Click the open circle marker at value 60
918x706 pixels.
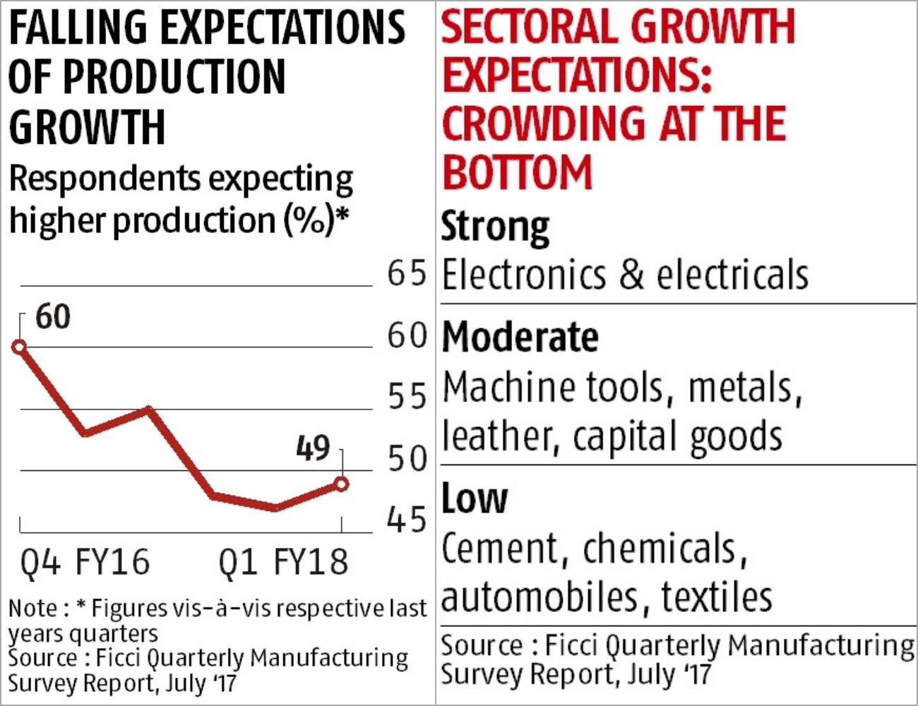[20, 347]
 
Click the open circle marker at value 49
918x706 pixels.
[342, 484]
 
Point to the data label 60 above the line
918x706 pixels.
[53, 317]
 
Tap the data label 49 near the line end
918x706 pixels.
[313, 448]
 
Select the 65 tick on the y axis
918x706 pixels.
[407, 274]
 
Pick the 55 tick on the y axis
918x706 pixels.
[407, 397]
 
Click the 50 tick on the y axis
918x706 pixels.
[407, 459]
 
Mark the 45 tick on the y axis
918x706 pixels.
[407, 520]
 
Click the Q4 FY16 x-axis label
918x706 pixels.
[85, 563]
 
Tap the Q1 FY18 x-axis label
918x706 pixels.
[283, 563]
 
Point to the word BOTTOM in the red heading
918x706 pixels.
[517, 173]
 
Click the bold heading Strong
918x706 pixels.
[495, 227]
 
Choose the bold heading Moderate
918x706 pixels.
[520, 337]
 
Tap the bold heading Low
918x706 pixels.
[474, 498]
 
